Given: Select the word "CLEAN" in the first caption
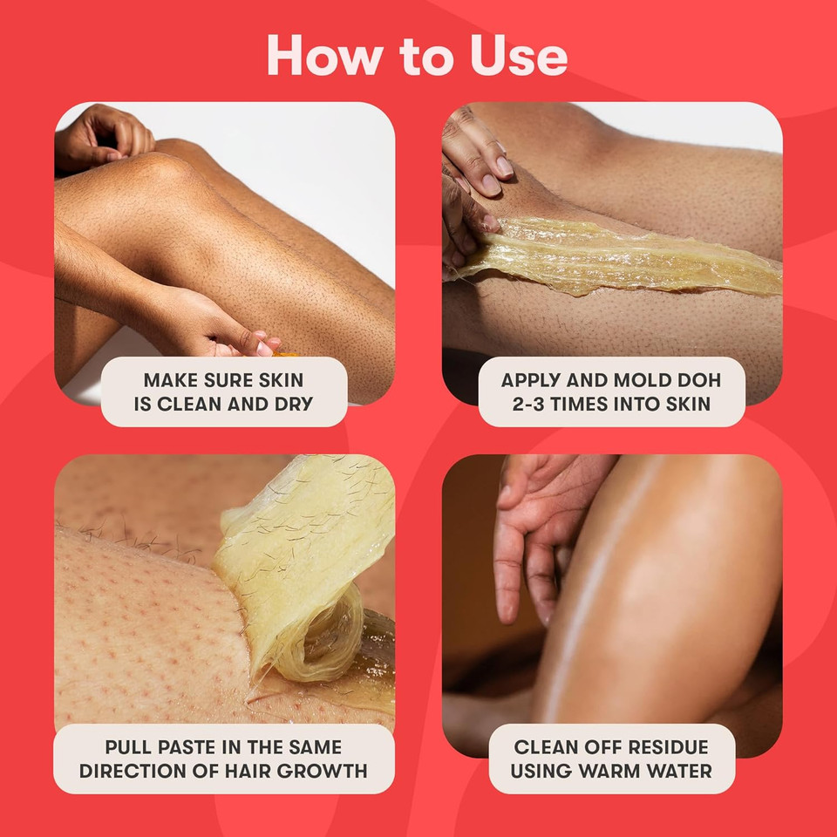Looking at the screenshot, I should (x=194, y=404).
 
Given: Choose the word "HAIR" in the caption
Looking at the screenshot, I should (x=245, y=771).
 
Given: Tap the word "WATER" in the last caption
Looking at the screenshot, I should (x=685, y=771).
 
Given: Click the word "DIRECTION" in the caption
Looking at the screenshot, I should (x=139, y=771).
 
